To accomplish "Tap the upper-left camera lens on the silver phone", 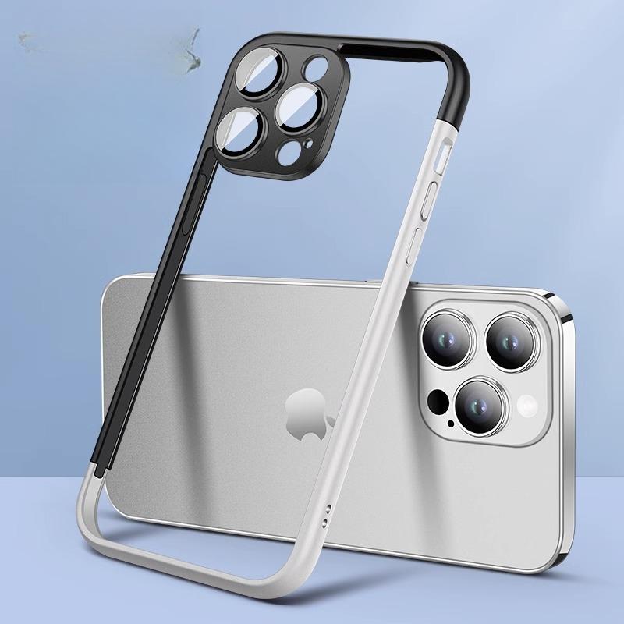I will (447, 338).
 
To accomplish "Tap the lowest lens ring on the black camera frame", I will (239, 130).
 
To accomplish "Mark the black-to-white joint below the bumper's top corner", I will (452, 118).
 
